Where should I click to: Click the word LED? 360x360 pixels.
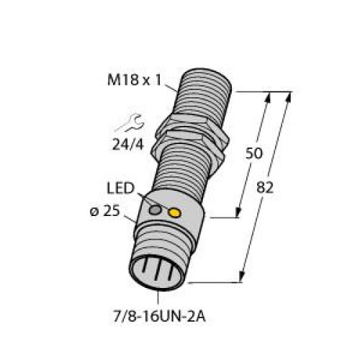(124, 189)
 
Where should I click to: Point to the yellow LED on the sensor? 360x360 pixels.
(174, 212)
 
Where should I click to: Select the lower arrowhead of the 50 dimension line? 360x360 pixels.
(238, 213)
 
